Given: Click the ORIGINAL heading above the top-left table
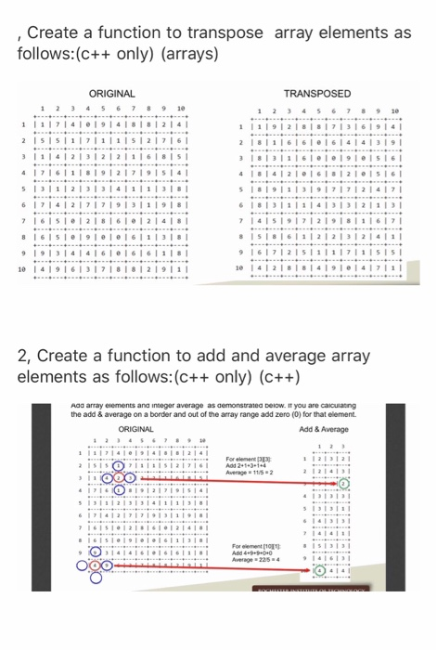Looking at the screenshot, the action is point(111,94).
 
